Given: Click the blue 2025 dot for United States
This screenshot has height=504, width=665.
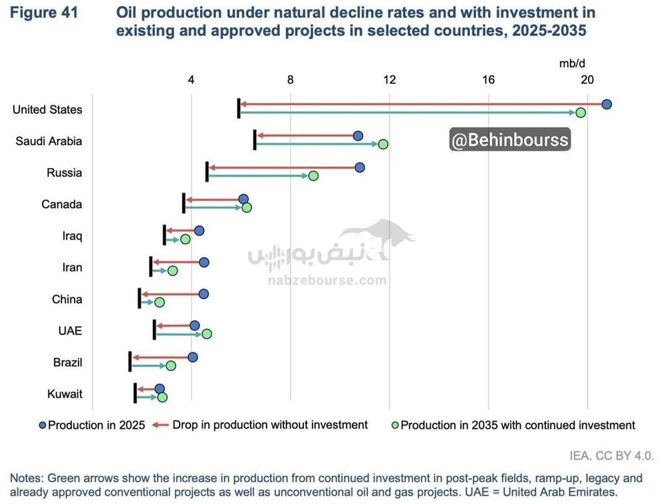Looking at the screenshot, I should pos(606,104).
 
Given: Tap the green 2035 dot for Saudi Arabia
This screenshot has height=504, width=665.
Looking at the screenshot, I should pos(383,144).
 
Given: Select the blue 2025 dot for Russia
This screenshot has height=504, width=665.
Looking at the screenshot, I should pos(360,168).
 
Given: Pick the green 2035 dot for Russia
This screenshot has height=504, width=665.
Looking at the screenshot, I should pos(313,176).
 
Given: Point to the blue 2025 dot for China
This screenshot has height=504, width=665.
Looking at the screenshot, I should pos(203,294).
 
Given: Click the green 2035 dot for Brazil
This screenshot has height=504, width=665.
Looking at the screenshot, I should pos(171,366).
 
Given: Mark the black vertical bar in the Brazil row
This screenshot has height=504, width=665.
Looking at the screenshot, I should pos(130,362).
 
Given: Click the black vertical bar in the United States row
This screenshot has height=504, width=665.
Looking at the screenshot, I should pos(239,108).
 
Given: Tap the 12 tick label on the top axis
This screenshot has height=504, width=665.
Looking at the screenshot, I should pos(389,80).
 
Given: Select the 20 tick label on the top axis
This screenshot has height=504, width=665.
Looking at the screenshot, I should pos(587,80).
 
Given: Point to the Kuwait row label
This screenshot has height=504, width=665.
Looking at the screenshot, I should pos(65,394).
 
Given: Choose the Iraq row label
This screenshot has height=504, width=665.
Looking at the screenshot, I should pos(72,236).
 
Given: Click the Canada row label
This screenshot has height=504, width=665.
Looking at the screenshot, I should pos(62,204).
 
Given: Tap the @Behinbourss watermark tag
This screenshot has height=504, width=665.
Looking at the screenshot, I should pos(510,140).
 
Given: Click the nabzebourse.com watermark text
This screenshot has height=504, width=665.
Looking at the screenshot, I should pos(327,281).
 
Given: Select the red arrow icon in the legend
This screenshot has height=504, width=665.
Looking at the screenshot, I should pos(160,425).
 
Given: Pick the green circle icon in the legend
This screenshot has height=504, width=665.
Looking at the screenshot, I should pos(394,425).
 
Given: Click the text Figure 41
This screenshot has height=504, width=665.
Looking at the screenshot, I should pos(44,13).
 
